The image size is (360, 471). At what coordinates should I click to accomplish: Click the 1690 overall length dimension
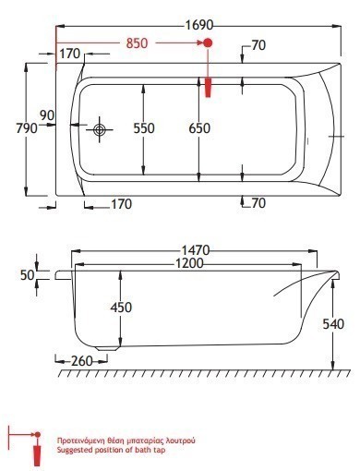198,25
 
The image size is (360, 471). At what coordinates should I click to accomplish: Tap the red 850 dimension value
137,43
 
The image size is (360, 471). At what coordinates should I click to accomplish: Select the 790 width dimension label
27,128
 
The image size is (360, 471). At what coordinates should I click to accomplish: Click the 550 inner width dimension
144,128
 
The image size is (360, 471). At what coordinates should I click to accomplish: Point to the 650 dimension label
199,128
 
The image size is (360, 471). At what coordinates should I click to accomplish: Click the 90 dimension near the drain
47,115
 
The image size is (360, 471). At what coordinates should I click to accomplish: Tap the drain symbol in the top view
100,129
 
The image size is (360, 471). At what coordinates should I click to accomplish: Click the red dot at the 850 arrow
208,42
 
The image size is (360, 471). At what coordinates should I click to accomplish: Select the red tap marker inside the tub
209,88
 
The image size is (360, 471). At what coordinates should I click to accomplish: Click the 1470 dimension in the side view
196,250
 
